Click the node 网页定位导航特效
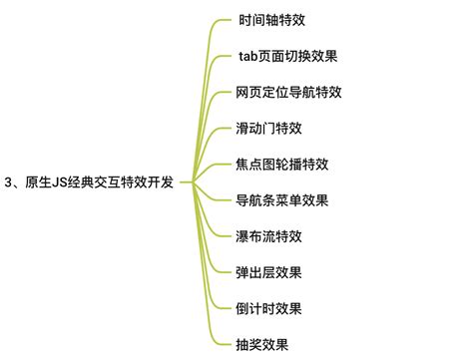point(288,92)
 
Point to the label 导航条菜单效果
point(282,200)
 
